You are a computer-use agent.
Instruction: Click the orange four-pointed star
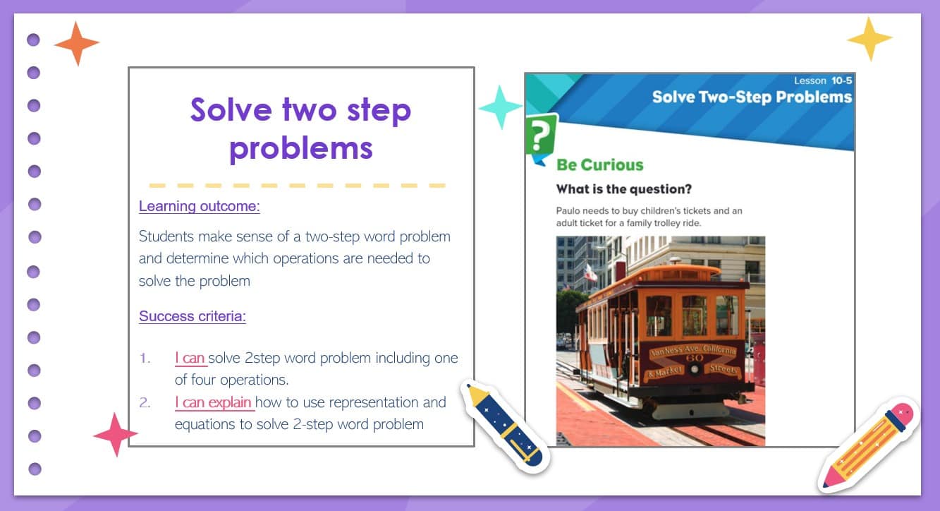click(x=77, y=43)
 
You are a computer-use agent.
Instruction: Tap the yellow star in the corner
click(x=869, y=39)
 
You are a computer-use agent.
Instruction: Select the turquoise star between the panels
click(x=500, y=107)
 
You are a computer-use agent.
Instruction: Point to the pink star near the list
click(x=116, y=435)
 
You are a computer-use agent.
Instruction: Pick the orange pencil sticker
click(x=869, y=445)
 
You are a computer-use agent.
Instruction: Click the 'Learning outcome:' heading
click(x=200, y=206)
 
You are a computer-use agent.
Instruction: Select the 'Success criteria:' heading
click(x=193, y=316)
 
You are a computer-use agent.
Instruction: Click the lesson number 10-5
click(x=842, y=80)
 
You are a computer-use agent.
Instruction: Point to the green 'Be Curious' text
click(x=599, y=165)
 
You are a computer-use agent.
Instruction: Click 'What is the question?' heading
click(x=623, y=189)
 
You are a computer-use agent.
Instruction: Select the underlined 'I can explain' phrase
click(x=213, y=402)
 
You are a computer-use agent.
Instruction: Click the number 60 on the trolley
click(x=695, y=358)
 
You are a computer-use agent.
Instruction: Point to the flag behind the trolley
click(x=590, y=272)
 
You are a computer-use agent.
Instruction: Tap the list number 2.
click(x=145, y=403)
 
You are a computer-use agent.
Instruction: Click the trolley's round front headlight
click(x=695, y=370)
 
